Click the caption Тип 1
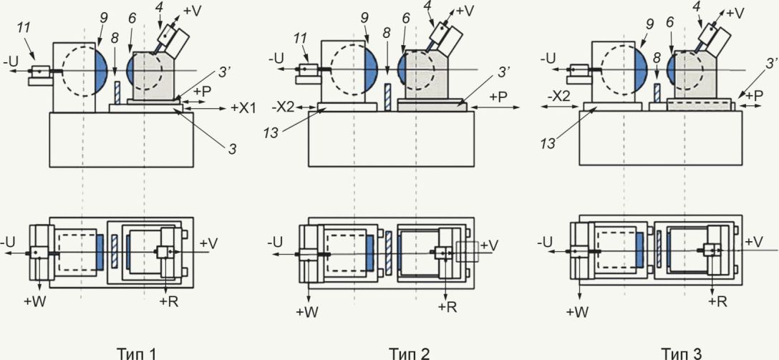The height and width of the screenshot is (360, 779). [x=137, y=353]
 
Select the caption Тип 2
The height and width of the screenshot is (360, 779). [x=409, y=353]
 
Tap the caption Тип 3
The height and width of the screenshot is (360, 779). [x=681, y=353]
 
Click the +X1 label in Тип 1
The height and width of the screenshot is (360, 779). [x=243, y=108]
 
